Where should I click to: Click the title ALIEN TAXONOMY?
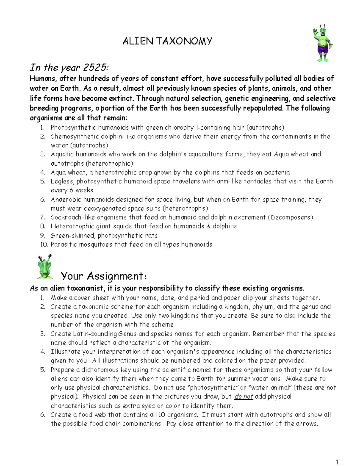[167, 41]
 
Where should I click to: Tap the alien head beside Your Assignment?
[45, 267]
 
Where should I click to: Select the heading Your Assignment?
[104, 276]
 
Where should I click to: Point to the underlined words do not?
[244, 397]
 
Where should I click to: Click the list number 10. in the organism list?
[44, 244]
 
